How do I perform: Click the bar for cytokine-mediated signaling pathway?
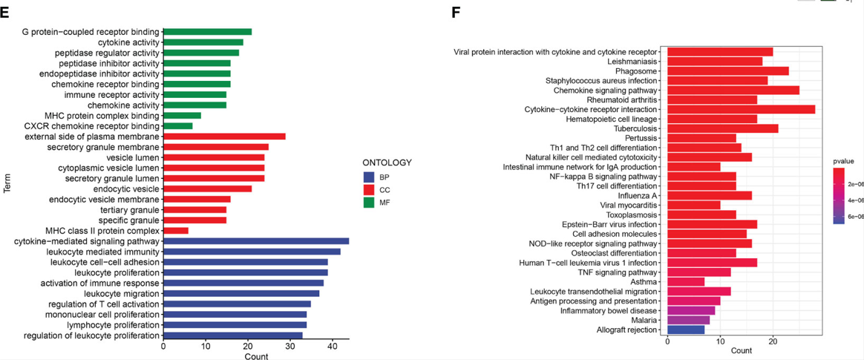(256, 241)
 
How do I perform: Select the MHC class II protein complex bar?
(176, 231)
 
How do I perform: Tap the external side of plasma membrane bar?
(224, 137)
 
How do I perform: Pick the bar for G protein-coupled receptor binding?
(208, 32)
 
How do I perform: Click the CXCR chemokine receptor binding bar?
(178, 126)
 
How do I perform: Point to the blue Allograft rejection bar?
(686, 330)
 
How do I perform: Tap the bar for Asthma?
(686, 282)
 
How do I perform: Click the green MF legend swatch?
(369, 203)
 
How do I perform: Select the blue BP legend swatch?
(369, 177)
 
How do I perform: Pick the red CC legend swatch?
(369, 191)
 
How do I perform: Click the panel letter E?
(5, 13)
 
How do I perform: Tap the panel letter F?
(455, 13)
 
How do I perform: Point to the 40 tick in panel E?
(333, 346)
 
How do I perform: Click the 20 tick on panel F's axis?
(773, 341)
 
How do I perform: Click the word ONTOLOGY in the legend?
(387, 163)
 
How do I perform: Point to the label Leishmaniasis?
(632, 62)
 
